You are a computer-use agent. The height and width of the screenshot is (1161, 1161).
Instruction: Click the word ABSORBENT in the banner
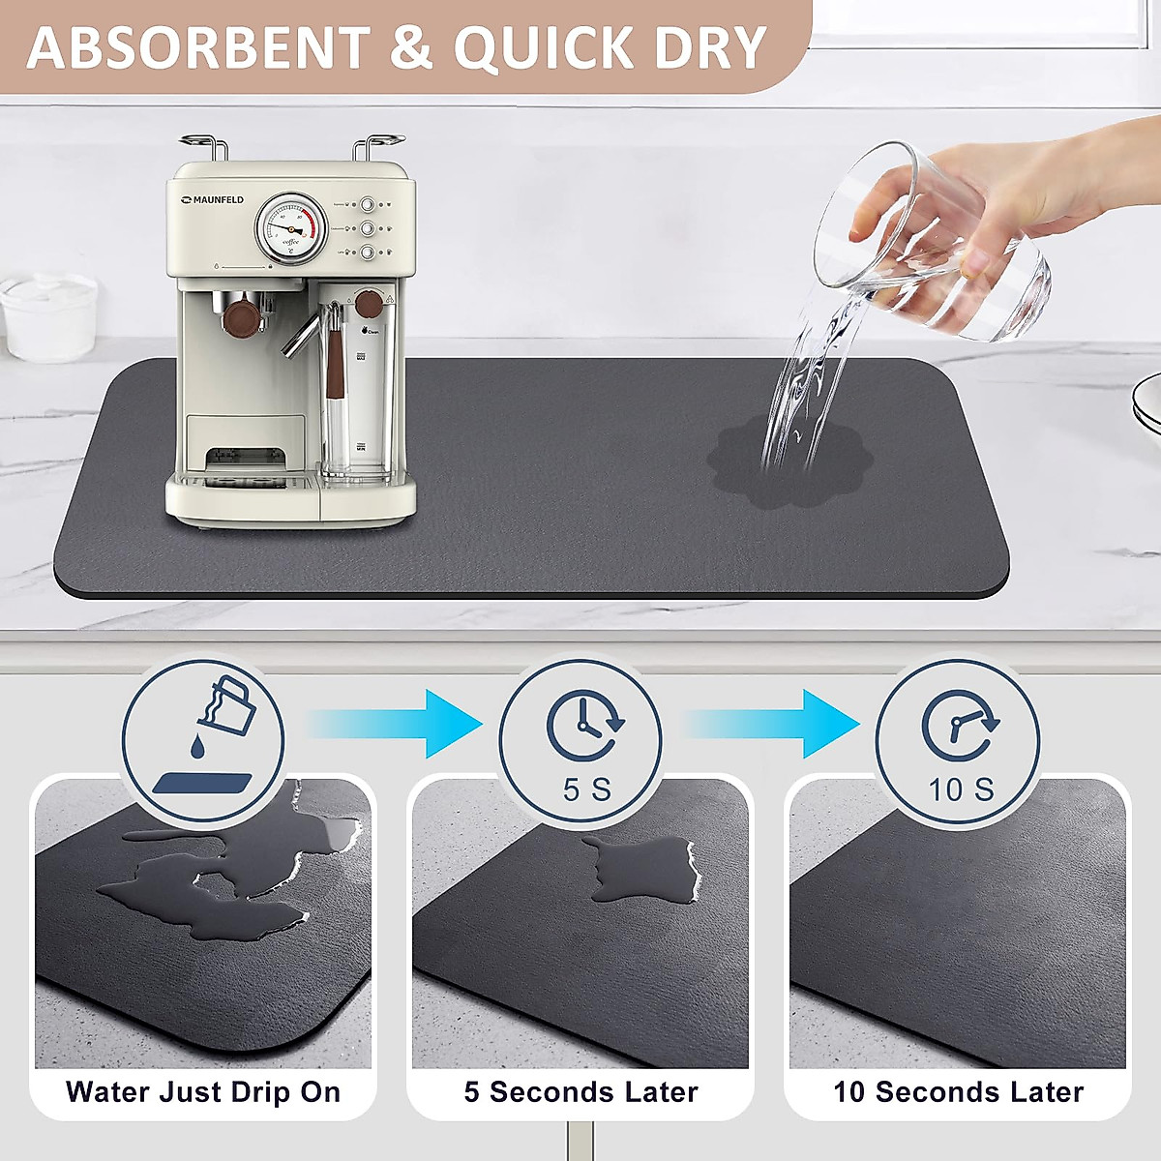coord(198,48)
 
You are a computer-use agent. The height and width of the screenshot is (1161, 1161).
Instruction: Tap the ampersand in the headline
coord(411,48)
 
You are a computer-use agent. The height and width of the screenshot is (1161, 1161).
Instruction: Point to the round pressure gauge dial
coord(291,228)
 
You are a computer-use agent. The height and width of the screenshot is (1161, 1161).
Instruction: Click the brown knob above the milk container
coord(368,303)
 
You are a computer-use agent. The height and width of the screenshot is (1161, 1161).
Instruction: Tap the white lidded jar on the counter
coord(48,314)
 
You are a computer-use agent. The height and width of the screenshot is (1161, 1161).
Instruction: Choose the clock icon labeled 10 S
coord(958,726)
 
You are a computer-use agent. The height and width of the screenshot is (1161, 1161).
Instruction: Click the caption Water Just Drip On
coord(203,1092)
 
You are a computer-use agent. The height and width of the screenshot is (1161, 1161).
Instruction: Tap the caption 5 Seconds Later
coord(580,1092)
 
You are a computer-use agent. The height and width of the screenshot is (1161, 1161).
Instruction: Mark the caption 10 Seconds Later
coord(958,1092)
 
